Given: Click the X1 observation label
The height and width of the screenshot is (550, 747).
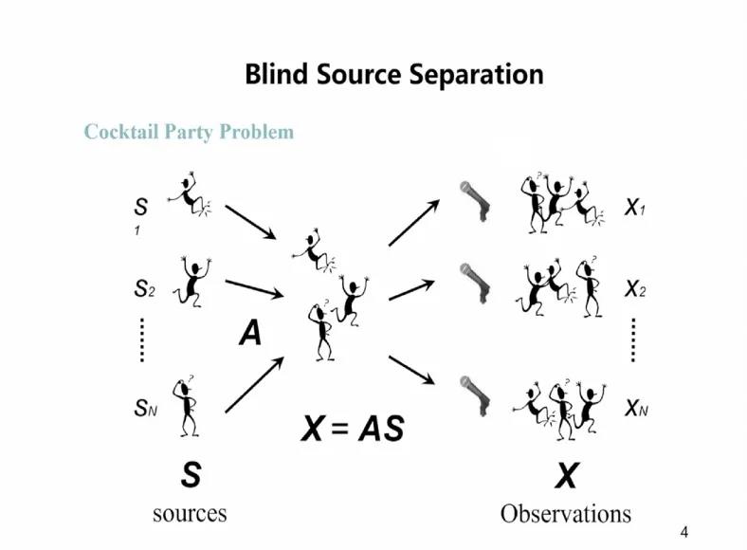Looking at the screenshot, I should (635, 208).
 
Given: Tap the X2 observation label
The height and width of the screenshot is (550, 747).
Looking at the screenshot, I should (635, 290).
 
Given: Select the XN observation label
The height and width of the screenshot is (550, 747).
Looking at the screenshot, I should (635, 409).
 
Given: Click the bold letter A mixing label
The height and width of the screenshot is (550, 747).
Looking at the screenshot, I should (250, 333).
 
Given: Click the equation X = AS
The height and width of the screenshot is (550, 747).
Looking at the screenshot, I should (352, 430).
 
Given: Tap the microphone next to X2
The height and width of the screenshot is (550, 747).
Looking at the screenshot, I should (473, 282).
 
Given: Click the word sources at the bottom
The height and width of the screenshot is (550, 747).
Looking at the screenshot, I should (190, 513).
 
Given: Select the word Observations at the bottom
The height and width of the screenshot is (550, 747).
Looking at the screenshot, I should (566, 514).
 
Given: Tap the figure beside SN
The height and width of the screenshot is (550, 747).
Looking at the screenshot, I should (187, 405).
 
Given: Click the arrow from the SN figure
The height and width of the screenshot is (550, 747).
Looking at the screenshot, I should (255, 384).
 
